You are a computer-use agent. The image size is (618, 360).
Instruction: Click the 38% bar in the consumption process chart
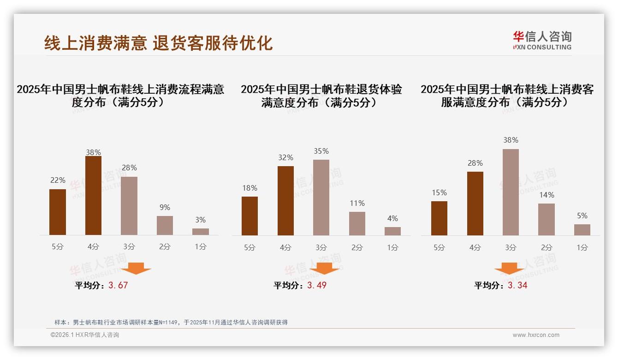(x=93, y=196)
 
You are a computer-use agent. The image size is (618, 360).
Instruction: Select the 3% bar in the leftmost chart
(x=201, y=232)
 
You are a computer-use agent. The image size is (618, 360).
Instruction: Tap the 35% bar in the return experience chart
(x=321, y=198)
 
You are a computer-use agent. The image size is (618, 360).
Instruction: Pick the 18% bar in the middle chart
(x=250, y=216)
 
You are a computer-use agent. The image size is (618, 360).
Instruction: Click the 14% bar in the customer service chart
(x=547, y=219)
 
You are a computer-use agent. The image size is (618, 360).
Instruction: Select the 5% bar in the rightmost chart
(x=582, y=230)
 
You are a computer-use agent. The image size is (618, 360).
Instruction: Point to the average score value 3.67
(x=118, y=285)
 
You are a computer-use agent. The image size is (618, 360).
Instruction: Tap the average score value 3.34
(x=517, y=285)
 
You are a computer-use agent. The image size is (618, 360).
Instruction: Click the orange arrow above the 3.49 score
(x=324, y=269)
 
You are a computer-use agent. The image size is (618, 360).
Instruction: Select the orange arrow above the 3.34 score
(x=509, y=269)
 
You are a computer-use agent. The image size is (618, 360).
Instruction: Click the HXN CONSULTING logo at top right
(x=542, y=41)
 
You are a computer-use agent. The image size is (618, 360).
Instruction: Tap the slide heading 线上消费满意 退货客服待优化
(x=158, y=43)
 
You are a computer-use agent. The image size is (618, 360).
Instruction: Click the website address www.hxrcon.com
(x=536, y=335)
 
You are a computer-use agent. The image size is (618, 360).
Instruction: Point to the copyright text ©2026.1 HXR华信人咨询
(x=85, y=335)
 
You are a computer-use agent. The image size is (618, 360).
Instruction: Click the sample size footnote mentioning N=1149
(x=171, y=322)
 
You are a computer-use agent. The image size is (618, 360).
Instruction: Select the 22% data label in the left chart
(x=58, y=180)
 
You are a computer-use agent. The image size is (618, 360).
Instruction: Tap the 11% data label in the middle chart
(x=357, y=203)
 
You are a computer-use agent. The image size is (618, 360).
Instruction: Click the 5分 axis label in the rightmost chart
(x=439, y=247)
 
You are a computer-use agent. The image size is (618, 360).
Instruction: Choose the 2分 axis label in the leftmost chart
(x=165, y=247)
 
